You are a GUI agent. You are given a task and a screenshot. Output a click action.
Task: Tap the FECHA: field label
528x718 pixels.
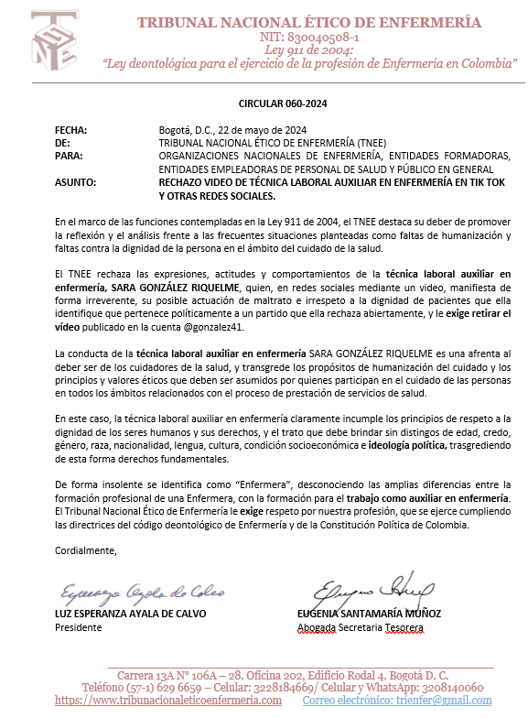pyautogui.click(x=70, y=130)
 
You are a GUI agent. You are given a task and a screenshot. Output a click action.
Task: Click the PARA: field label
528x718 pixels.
pyautogui.click(x=69, y=157)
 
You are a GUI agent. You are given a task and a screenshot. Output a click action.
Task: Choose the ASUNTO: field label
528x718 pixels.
pyautogui.click(x=75, y=183)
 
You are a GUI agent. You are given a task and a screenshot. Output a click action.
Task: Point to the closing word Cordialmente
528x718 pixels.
pyautogui.click(x=86, y=551)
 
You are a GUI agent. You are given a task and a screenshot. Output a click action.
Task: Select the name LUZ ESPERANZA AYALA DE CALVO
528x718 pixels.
pyautogui.click(x=130, y=614)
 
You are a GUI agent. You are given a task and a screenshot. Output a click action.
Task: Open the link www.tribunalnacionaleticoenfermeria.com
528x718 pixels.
pyautogui.click(x=168, y=701)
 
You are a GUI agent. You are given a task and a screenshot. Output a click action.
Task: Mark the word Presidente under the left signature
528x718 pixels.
pyautogui.click(x=77, y=627)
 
